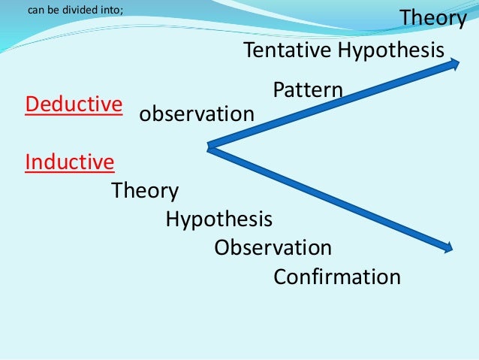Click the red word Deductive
[74, 104]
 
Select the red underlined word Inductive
[70, 162]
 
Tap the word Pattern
[308, 90]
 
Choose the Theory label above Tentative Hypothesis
[432, 18]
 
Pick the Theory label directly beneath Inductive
[145, 191]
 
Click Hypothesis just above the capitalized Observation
[218, 219]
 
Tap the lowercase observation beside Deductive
[197, 115]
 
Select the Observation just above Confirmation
[273, 247]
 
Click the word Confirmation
[337, 277]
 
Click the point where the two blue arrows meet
[209, 147]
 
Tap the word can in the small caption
[35, 11]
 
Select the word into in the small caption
[104, 11]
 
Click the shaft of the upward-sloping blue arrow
[330, 106]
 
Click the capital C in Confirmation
[280, 277]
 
